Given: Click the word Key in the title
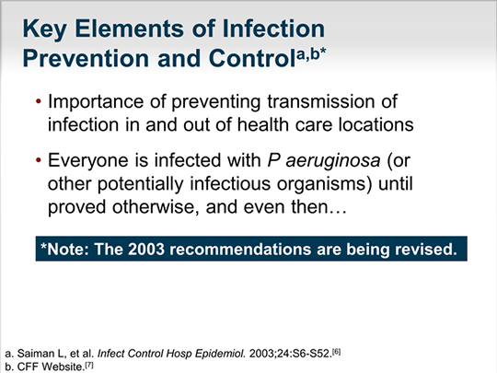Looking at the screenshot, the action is pos(44,29).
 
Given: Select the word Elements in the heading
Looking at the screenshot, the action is pos(130,29).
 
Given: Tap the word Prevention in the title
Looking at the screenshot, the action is pos(86,58).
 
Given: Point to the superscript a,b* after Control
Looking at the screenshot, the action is pos(312,54).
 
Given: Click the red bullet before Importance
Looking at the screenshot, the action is pos(39,101).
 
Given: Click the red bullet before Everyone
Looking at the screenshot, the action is pos(39,160).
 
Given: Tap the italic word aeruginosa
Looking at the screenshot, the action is pos(333,161).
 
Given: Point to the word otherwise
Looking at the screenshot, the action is pos(156,207).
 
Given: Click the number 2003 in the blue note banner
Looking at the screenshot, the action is pos(146,249).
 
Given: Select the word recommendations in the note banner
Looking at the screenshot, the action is pos(240,249).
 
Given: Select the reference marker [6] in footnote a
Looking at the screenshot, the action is pos(336,351).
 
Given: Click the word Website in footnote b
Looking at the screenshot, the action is pos(63,367).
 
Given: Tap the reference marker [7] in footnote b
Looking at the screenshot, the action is pos(89,365).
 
